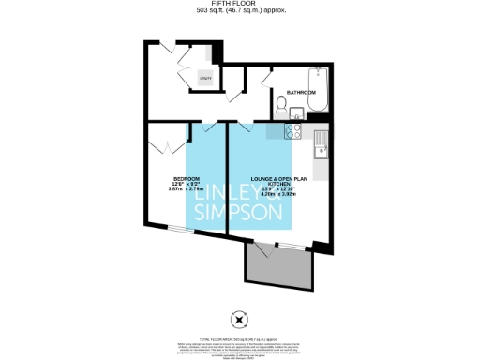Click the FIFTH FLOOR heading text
pyautogui.click(x=239, y=4)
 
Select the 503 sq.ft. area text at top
pyautogui.click(x=239, y=11)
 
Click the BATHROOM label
pyautogui.click(x=301, y=94)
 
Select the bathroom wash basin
pyautogui.click(x=297, y=112)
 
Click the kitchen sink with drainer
pyautogui.click(x=320, y=146)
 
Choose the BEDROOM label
pyautogui.click(x=186, y=178)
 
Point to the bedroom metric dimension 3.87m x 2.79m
pyautogui.click(x=186, y=189)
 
